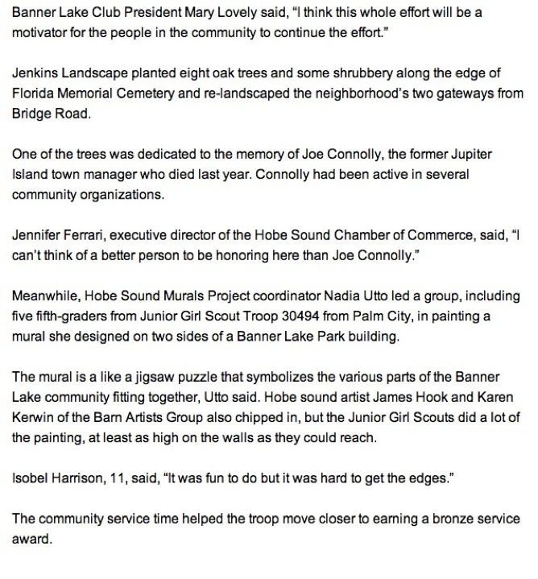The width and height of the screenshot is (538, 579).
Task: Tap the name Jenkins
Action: click(x=35, y=73)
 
